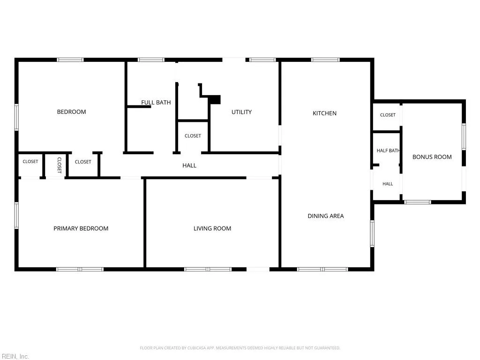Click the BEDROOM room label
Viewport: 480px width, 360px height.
click(x=71, y=112)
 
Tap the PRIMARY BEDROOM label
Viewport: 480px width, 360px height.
click(x=81, y=228)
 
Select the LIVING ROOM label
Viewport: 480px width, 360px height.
click(x=212, y=228)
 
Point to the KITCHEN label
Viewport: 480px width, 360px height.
click(x=324, y=113)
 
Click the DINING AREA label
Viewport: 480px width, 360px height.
click(x=326, y=216)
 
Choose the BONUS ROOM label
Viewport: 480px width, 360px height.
click(x=432, y=157)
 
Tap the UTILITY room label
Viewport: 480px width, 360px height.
click(x=241, y=112)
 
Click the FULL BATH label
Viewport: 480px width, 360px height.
click(x=156, y=103)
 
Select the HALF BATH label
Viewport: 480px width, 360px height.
click(x=388, y=150)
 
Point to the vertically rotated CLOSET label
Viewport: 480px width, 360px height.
click(x=60, y=165)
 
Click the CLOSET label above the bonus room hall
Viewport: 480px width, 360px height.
click(x=388, y=115)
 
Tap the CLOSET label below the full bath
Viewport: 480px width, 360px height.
click(x=193, y=136)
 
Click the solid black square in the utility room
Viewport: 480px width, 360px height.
click(x=215, y=100)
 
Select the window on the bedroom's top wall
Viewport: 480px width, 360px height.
click(x=70, y=60)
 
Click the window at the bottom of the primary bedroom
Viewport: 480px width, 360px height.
click(x=80, y=270)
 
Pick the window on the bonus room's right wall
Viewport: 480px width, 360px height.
click(x=464, y=136)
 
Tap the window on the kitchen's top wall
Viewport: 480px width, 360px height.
click(x=325, y=60)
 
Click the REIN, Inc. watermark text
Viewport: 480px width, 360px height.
click(x=15, y=356)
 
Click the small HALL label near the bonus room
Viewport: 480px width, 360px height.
click(x=388, y=184)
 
